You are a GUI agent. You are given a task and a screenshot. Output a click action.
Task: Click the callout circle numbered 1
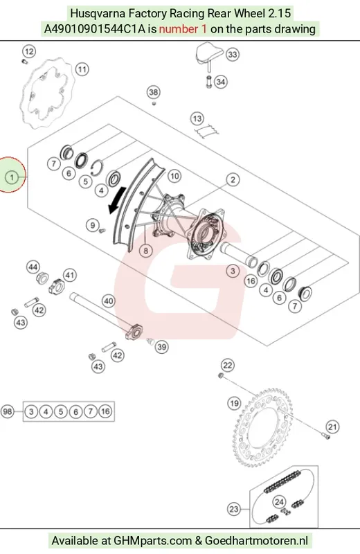[12, 177]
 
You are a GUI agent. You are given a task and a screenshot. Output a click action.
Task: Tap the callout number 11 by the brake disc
[82, 69]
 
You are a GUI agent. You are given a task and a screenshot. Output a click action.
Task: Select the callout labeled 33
[233, 55]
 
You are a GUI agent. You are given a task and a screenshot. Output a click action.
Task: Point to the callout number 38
[153, 92]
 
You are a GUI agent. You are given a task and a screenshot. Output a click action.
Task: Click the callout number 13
[197, 118]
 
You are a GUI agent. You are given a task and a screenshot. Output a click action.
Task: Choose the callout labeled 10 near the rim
[174, 176]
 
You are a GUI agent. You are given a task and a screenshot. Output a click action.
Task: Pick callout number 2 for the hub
[233, 179]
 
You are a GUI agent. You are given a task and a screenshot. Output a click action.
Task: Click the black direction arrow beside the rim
[116, 200]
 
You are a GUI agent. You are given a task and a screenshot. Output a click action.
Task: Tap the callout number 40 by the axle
[109, 301]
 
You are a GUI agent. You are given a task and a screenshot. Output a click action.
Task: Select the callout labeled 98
[8, 411]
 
